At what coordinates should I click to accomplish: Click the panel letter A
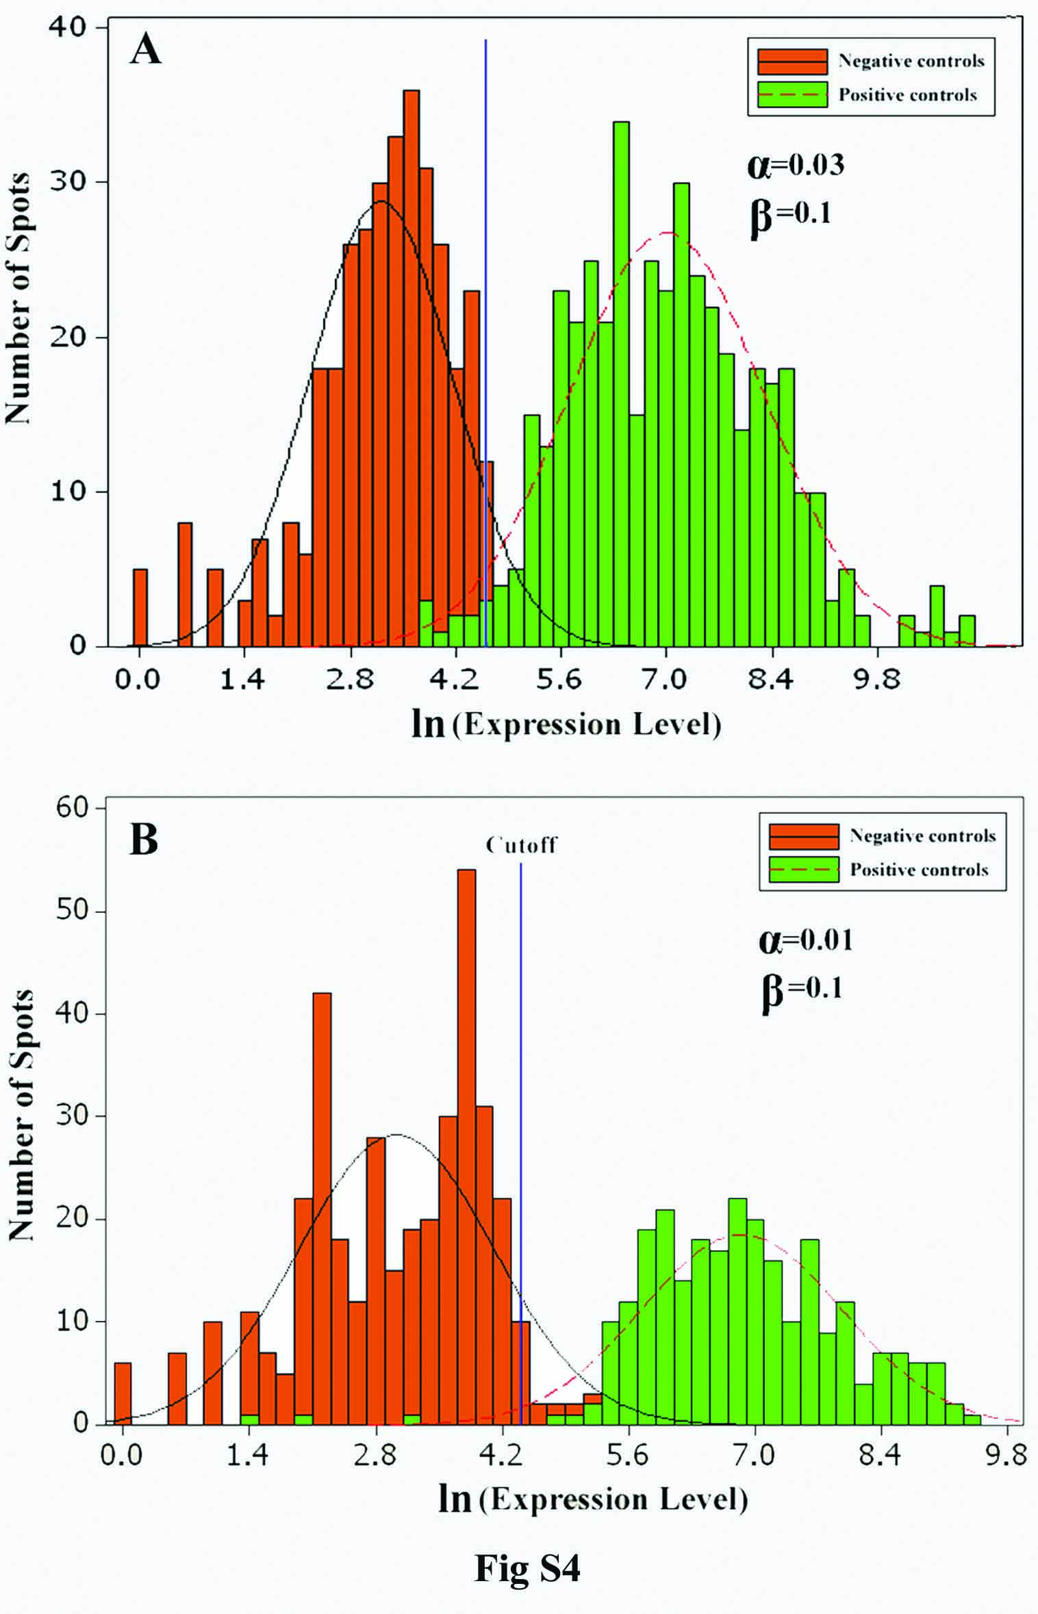pyautogui.click(x=146, y=50)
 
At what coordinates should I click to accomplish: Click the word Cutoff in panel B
pyautogui.click(x=522, y=845)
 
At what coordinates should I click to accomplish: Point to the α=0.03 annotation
pyautogui.click(x=796, y=165)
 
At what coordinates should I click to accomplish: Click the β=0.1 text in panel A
pyautogui.click(x=791, y=214)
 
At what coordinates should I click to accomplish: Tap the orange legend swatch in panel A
pyautogui.click(x=792, y=62)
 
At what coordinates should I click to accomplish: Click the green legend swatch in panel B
pyautogui.click(x=804, y=870)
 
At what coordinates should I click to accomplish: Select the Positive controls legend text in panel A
pyautogui.click(x=908, y=94)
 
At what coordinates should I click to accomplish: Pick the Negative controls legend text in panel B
pyautogui.click(x=922, y=835)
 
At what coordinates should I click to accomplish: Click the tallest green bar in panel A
pyautogui.click(x=621, y=383)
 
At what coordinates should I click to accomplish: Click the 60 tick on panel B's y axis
pyautogui.click(x=71, y=808)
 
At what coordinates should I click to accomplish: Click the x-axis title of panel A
pyautogui.click(x=566, y=724)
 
